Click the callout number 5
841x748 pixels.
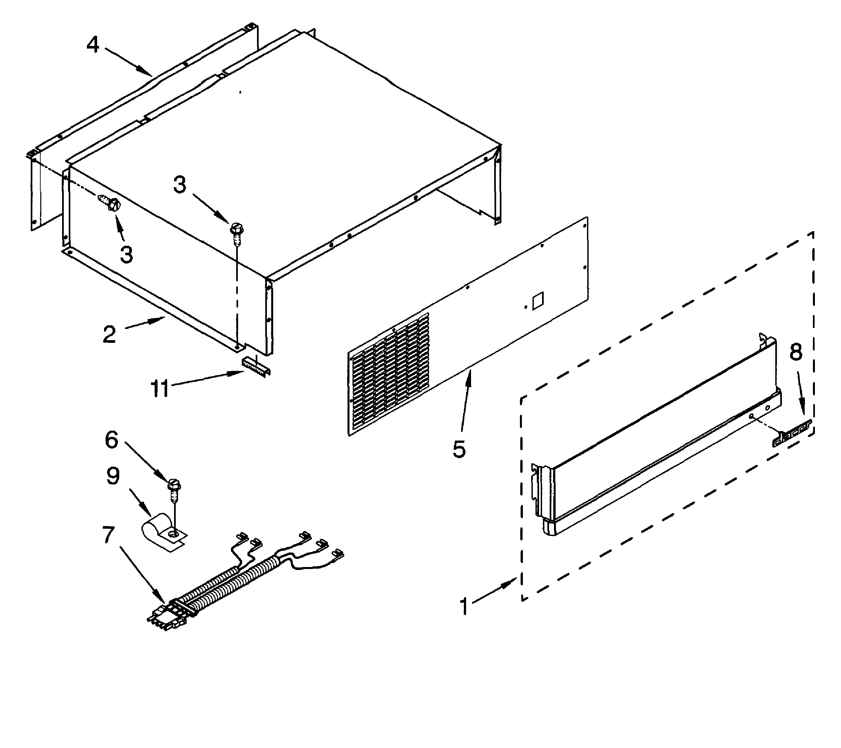point(459,449)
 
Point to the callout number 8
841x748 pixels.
point(795,352)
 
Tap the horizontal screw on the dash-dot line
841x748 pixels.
point(109,202)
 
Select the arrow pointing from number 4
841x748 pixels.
point(128,62)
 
